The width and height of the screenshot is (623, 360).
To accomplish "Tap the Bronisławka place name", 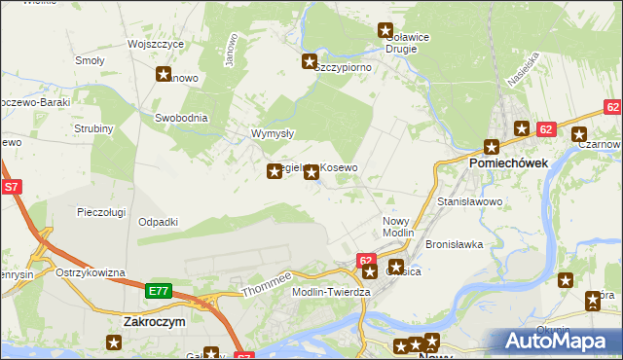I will pyautogui.click(x=455, y=244).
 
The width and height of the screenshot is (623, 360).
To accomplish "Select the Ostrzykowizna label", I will pyautogui.click(x=91, y=272).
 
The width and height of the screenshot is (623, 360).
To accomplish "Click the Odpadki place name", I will pyautogui.click(x=158, y=222).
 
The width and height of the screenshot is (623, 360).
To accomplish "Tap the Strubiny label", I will pyautogui.click(x=93, y=128).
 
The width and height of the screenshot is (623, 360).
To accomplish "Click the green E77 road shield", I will pyautogui.click(x=160, y=291).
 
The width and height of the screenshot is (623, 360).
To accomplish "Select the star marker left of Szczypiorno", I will pyautogui.click(x=309, y=62).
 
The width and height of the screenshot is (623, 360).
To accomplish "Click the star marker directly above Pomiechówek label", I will pyautogui.click(x=491, y=147).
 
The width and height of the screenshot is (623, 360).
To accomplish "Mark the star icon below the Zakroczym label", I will pyautogui.click(x=113, y=342).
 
